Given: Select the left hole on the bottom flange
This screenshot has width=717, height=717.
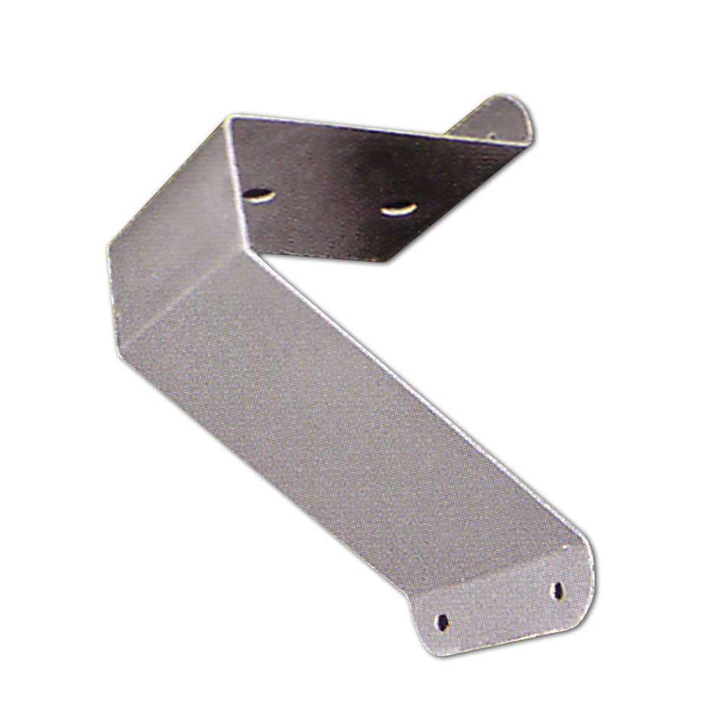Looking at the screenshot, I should pos(443,621).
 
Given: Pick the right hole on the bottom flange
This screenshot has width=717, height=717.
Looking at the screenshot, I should pos(559,590).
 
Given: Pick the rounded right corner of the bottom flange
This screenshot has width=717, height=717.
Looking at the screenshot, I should pos(592,574).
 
